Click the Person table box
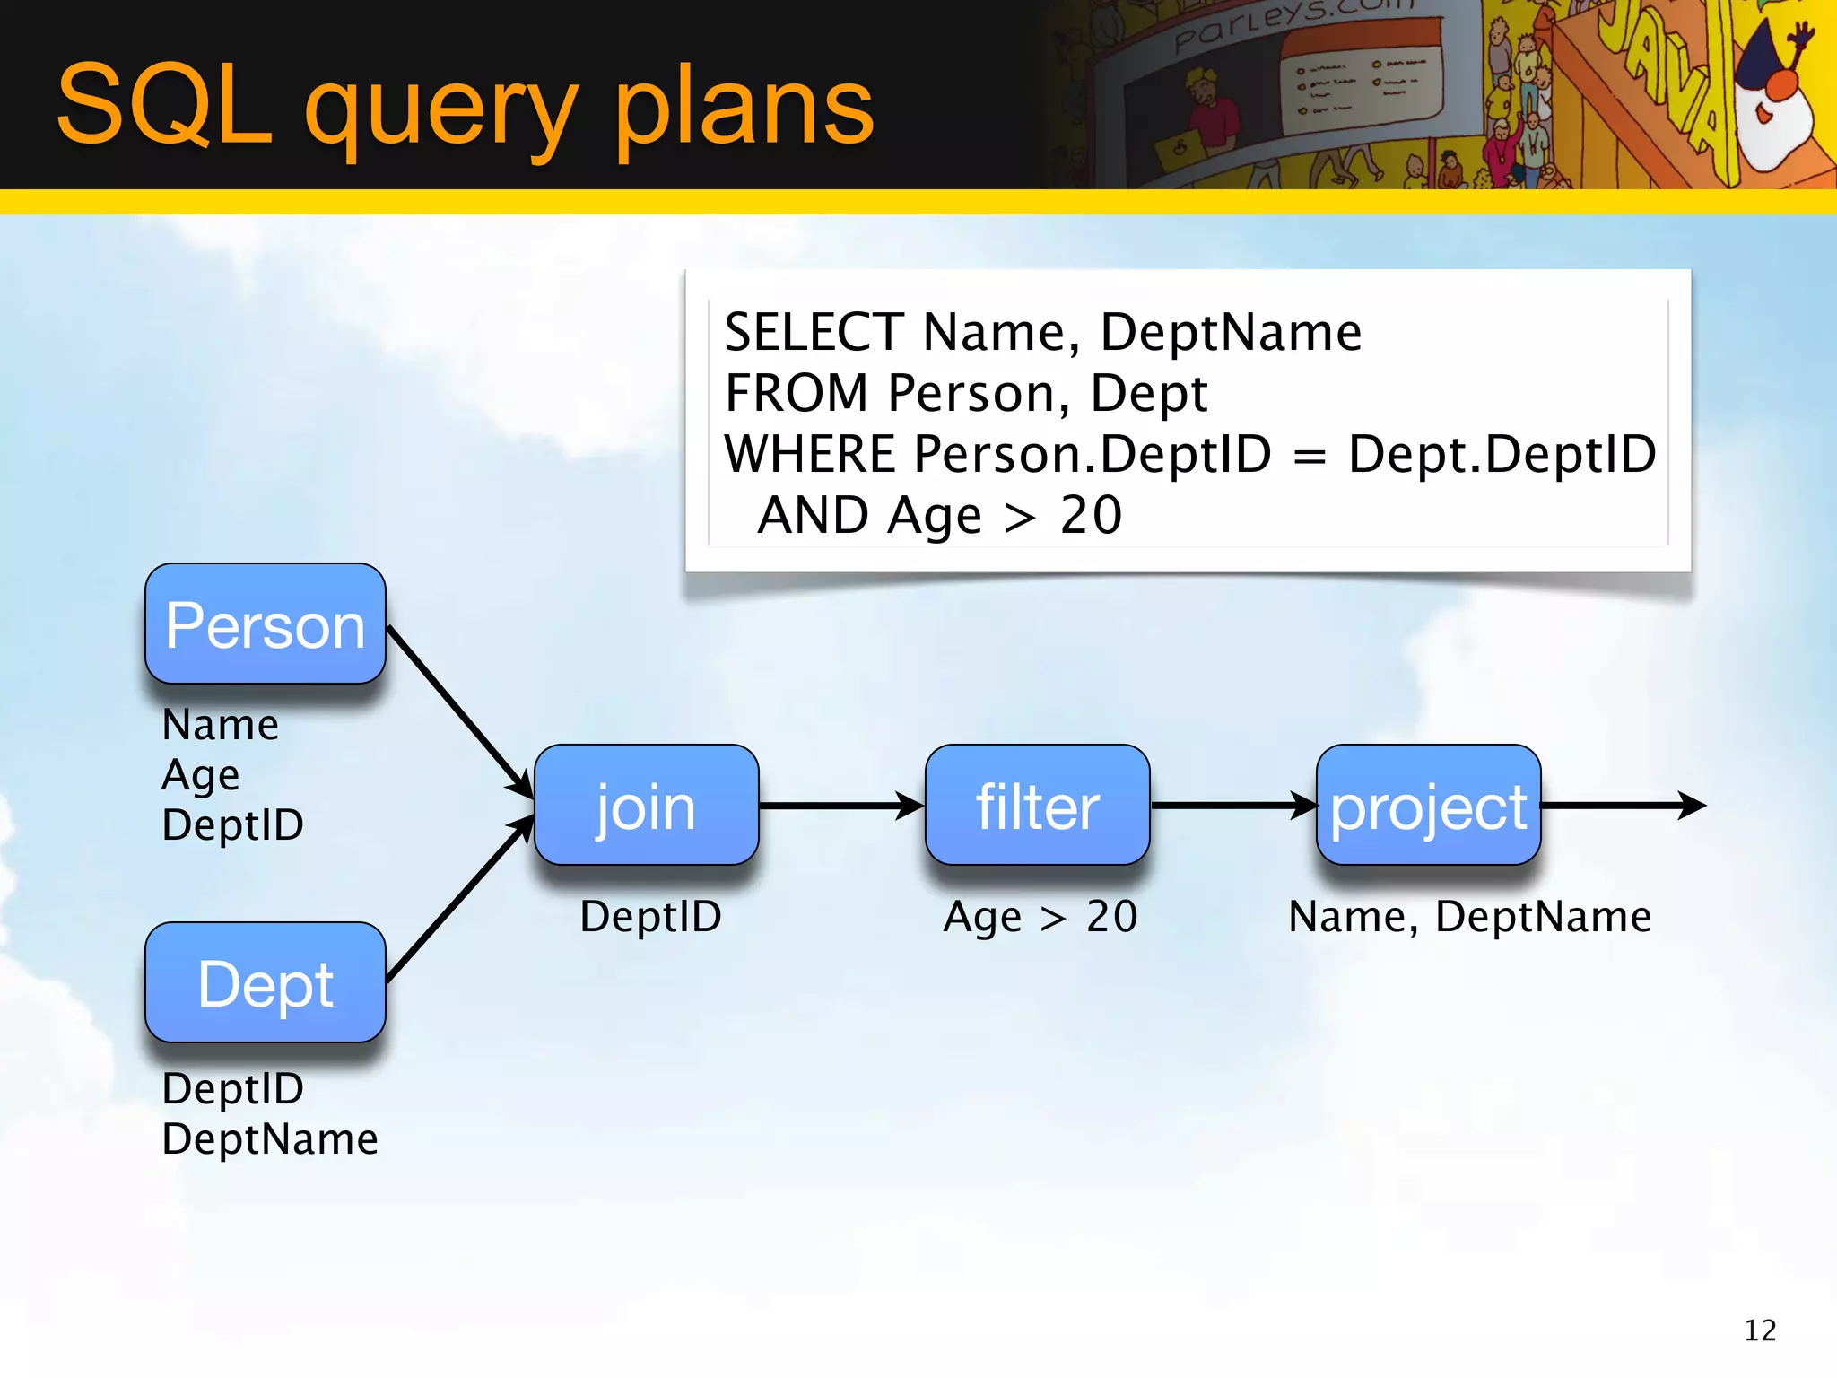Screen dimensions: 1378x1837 point(266,624)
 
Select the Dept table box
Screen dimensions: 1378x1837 point(266,983)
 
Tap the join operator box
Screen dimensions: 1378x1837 point(646,806)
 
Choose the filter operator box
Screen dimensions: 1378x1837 point(1037,806)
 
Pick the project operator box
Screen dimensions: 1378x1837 point(1428,806)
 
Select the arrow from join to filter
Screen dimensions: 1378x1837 point(840,806)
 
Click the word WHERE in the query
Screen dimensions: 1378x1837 point(809,454)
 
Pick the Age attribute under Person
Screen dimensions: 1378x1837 point(200,775)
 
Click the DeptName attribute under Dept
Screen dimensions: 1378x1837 point(269,1139)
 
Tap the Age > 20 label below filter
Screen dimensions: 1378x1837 point(1040,917)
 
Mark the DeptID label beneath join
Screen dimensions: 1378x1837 point(650,917)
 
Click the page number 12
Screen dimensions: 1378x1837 point(1760,1330)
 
